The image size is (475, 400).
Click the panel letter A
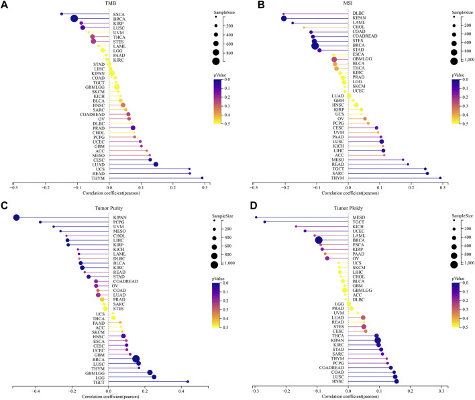pos(5,5)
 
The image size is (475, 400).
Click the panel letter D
pos(244,205)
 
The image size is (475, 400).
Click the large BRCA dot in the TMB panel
pos(74,18)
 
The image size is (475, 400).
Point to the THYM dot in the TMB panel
pos(202,178)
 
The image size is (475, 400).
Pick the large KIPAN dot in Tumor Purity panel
pos(17,217)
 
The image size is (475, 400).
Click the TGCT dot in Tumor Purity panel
pos(188,382)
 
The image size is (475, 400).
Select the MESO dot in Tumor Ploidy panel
pos(256,217)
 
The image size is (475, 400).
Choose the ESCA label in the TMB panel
pos(119,13)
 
